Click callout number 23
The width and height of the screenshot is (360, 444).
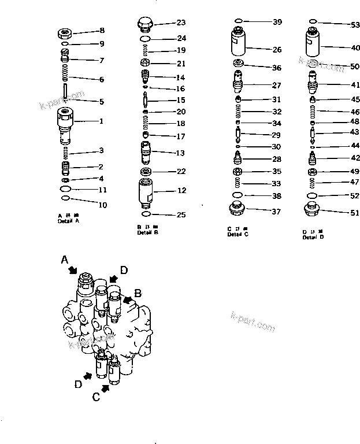tap(181, 23)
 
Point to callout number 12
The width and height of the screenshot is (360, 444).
tap(181, 191)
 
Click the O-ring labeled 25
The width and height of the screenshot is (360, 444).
tap(146, 214)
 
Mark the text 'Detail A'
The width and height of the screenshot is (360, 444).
tap(69, 221)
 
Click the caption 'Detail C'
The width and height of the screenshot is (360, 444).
tap(238, 234)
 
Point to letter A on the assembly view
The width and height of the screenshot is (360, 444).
tap(65, 262)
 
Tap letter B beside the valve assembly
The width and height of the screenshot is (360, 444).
tap(138, 293)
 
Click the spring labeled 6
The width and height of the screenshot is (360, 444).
tap(65, 74)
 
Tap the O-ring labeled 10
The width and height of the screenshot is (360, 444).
tap(66, 198)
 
